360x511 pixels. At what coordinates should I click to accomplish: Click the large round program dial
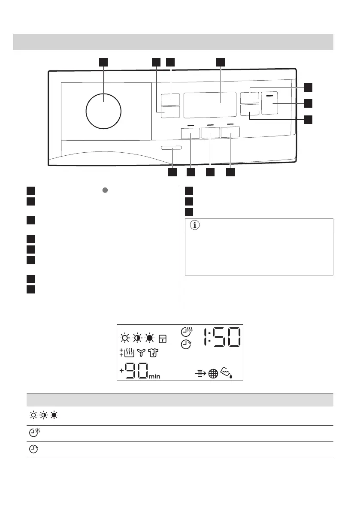tap(103, 111)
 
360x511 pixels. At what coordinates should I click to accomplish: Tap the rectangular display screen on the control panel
tap(210, 105)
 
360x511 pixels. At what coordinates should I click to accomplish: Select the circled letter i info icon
tap(195, 225)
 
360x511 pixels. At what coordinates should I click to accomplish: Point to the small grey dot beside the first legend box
tap(105, 190)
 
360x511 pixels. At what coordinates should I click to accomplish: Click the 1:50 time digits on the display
tap(223, 337)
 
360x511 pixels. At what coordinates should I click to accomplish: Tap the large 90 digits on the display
tap(137, 371)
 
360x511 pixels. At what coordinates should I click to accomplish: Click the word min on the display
tap(155, 376)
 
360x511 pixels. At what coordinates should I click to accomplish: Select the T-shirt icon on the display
tap(153, 353)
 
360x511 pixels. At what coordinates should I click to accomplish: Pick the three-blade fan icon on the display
tap(141, 353)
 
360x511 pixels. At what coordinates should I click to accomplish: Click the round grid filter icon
tap(213, 373)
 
